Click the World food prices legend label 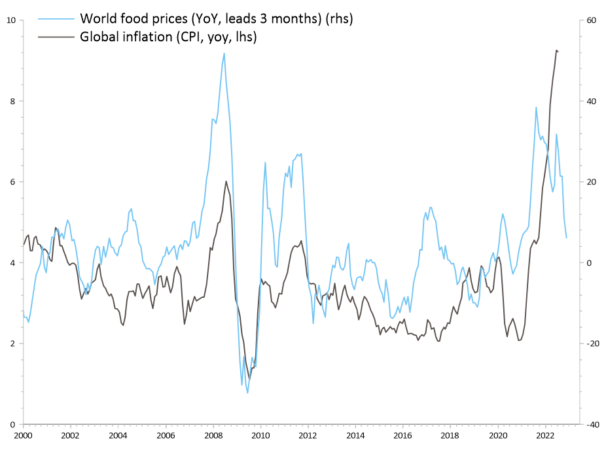coord(216,18)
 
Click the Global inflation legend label coord(168,37)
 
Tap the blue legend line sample coord(56,18)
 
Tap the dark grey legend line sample coord(56,37)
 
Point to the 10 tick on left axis coord(10,20)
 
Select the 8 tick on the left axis coord(12,101)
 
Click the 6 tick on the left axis coord(12,182)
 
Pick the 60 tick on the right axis coord(590,20)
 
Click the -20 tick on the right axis coord(592,344)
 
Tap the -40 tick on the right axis coord(592,424)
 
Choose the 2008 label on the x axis coord(213,435)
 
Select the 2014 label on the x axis coord(355,435)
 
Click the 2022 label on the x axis coord(545,435)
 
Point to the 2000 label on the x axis coord(23,435)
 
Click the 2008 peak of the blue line coord(224,53)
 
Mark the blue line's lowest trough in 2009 coord(247,393)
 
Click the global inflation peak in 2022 coord(556,50)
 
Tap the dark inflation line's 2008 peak coord(226,181)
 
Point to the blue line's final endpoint coord(567,238)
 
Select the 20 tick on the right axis coord(590,182)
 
